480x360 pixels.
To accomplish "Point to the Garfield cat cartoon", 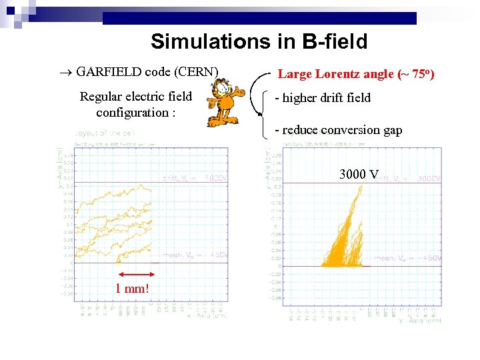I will [x=222, y=105].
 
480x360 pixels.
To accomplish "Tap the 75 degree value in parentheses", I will [x=417, y=74].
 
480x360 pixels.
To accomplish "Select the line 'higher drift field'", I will [x=324, y=98].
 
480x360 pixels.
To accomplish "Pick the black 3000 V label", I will [x=359, y=175].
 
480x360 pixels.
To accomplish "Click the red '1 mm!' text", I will [x=133, y=289].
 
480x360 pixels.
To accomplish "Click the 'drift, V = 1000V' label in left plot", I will [x=195, y=178].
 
